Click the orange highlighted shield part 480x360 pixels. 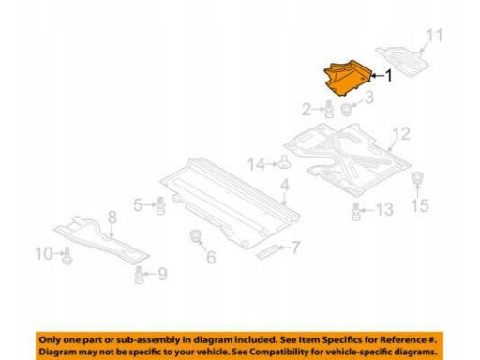(348, 78)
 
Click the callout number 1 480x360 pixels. (388, 76)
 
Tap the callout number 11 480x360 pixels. (435, 36)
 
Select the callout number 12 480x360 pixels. (401, 134)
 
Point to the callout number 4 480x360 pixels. (285, 186)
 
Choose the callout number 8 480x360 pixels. (112, 217)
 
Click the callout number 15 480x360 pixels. (420, 205)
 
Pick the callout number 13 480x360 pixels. (384, 209)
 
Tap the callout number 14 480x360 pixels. (256, 164)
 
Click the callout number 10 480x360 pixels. (44, 253)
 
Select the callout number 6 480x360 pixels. (211, 257)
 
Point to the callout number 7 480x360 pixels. (295, 247)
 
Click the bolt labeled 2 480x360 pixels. (328, 109)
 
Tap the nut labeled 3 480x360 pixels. (346, 110)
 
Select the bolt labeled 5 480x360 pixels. (160, 205)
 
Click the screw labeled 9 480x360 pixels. (140, 275)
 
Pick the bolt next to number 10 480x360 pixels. (67, 256)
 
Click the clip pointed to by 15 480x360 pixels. (417, 178)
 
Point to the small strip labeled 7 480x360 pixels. (267, 252)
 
